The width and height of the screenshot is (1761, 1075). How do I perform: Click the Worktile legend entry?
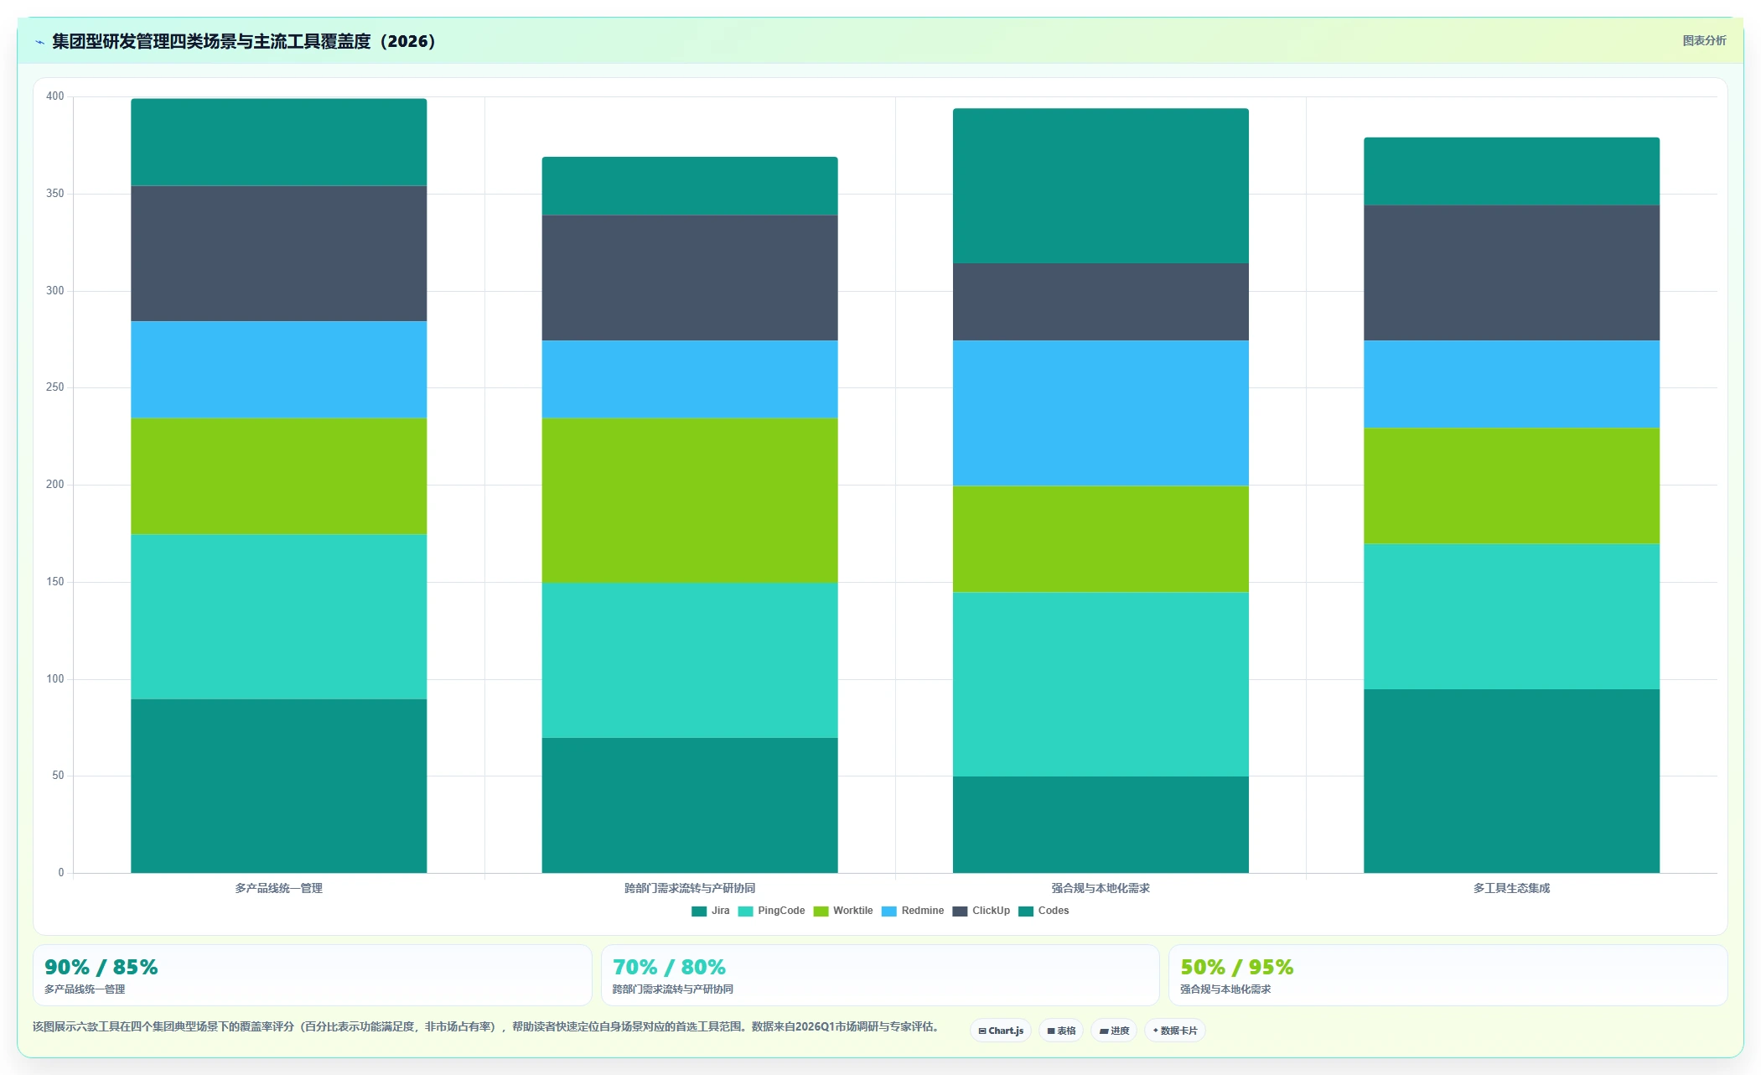click(842, 911)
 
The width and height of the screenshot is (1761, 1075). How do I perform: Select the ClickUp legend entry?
click(981, 911)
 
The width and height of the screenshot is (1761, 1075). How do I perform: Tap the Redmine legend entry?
click(913, 911)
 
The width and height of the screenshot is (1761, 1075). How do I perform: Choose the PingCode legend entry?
click(771, 911)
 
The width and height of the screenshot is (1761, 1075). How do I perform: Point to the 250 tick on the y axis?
click(54, 387)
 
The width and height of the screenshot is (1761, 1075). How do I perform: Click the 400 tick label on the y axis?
click(54, 96)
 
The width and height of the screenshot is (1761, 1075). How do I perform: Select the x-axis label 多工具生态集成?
click(1511, 888)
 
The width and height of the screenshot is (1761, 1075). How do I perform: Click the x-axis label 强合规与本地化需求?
click(1101, 888)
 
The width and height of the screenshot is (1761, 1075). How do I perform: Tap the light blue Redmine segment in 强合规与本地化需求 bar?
click(1101, 413)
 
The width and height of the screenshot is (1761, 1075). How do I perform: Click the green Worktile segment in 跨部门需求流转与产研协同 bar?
click(690, 500)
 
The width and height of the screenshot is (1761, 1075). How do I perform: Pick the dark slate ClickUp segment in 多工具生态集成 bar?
click(1511, 273)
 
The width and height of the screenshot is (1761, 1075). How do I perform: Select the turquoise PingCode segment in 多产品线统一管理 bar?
click(278, 616)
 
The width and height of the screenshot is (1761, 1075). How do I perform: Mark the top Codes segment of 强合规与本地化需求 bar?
click(1101, 185)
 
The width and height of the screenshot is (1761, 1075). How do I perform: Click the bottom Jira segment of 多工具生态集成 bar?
click(1511, 781)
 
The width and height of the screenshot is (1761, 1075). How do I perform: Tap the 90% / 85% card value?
click(101, 967)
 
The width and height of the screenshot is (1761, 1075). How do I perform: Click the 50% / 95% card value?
click(1237, 967)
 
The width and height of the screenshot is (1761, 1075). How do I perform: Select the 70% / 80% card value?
click(669, 967)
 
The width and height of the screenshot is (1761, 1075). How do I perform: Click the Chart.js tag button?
click(1001, 1031)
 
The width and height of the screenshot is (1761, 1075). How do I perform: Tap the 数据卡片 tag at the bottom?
click(1175, 1031)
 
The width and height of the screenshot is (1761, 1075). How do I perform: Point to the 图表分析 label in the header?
click(1704, 40)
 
